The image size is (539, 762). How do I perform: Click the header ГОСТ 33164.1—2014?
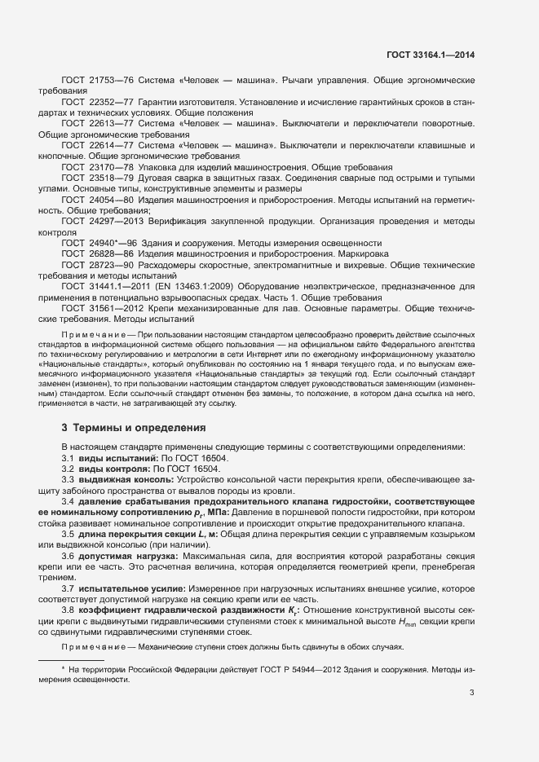(x=430, y=55)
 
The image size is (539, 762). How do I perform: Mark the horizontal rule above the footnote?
(x=72, y=658)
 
